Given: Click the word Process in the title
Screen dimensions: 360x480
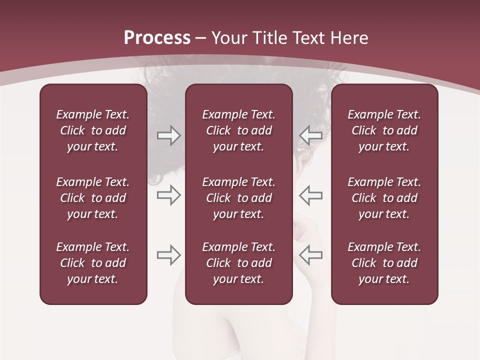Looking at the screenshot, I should tap(157, 38).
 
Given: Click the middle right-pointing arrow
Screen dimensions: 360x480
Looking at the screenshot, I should tap(169, 195).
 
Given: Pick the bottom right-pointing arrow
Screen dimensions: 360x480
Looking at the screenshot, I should tap(169, 255).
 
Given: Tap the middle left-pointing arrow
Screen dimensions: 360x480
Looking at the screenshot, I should tap(310, 195).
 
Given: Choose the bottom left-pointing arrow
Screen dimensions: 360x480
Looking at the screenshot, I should tap(310, 255).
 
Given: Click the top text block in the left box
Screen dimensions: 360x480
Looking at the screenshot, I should tap(93, 130).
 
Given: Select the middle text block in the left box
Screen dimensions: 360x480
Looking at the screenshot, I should tap(93, 198).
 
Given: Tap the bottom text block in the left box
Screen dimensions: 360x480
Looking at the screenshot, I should tap(93, 263).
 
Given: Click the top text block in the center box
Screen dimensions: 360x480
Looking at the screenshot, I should tap(238, 130).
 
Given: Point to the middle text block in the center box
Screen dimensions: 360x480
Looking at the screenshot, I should tap(238, 198).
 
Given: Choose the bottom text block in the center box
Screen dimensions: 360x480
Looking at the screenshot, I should tap(238, 263).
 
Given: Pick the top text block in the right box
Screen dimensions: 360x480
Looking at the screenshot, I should tap(384, 130).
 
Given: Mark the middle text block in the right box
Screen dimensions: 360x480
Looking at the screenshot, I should tap(384, 198).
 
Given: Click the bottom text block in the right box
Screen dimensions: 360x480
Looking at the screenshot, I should tap(384, 263).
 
